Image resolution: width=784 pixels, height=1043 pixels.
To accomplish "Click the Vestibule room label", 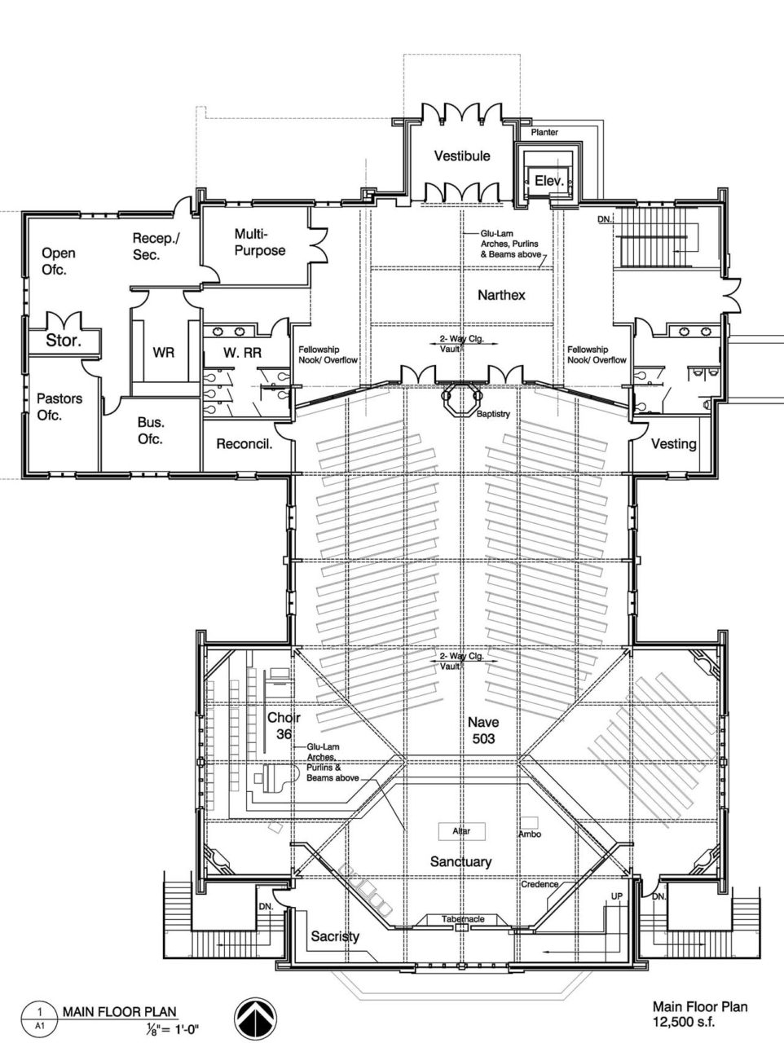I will click(x=461, y=156).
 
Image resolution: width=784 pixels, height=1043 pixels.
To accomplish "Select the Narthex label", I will click(x=501, y=295).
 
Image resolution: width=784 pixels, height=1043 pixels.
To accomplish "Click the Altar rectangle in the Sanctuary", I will click(x=461, y=831).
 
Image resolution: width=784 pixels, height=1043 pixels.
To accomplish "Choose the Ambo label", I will click(x=529, y=834).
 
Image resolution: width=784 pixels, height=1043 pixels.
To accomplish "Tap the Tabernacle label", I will click(x=463, y=919).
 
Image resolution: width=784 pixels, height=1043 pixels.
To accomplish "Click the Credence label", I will click(x=540, y=884).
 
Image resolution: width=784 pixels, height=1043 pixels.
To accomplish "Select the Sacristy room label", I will click(x=335, y=936).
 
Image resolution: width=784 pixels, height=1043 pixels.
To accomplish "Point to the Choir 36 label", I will click(x=284, y=725).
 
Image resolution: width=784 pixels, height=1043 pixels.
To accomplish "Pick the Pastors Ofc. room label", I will click(x=59, y=407).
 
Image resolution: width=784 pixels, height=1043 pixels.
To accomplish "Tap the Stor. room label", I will click(x=63, y=341).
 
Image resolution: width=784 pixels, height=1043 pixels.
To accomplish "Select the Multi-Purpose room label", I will click(x=260, y=242).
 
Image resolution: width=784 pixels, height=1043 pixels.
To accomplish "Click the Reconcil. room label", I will click(x=244, y=444).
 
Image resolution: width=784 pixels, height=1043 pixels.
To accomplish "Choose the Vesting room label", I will click(x=674, y=444).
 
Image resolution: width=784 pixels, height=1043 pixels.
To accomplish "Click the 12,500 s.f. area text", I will click(x=684, y=1021).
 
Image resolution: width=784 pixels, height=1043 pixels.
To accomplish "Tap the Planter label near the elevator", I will click(x=544, y=132).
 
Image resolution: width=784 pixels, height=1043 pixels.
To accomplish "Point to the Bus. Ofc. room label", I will click(x=151, y=430).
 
